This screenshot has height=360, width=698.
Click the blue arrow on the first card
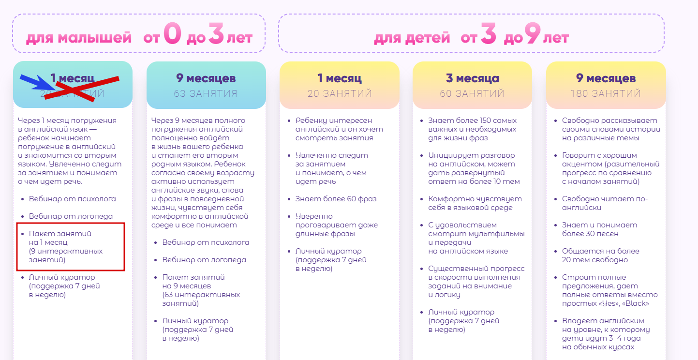click(36, 82)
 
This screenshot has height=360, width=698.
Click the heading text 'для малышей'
click(78, 38)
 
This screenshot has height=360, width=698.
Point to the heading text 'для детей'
click(412, 38)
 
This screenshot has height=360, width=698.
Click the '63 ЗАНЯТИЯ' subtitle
click(206, 93)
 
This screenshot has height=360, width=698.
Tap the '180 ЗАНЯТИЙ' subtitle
click(606, 93)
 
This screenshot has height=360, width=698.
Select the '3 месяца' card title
click(472, 78)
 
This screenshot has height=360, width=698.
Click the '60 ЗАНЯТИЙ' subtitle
click(472, 93)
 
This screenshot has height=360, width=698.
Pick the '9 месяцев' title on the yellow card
click(606, 78)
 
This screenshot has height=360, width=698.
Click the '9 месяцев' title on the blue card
click(206, 78)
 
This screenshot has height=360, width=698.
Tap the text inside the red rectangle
click(66, 247)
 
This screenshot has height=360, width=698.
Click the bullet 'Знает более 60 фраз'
click(336, 199)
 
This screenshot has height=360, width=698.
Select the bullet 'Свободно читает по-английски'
click(605, 203)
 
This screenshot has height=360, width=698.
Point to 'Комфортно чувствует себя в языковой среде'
click(475, 203)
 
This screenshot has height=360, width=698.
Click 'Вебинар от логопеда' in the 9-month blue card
click(204, 260)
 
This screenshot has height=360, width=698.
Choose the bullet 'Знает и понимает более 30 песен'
click(599, 229)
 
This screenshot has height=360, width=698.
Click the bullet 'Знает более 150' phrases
click(472, 129)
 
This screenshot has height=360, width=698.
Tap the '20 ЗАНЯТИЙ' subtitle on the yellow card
click(339, 93)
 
